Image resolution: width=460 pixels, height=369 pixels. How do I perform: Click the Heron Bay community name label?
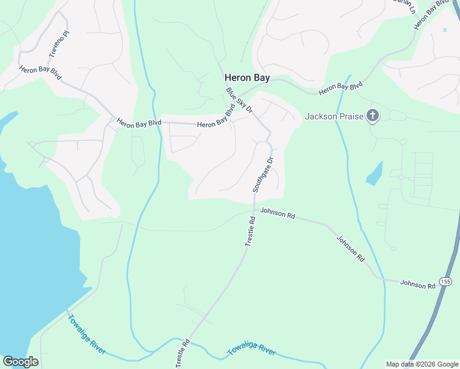coord(247,78)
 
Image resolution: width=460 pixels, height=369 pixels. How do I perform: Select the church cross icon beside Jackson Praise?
coord(372,115)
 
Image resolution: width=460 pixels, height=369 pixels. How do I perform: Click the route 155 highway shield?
coord(446,281)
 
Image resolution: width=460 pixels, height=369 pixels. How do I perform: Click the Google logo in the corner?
coord(20,362)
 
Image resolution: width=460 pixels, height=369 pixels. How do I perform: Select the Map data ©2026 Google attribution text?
coord(421,364)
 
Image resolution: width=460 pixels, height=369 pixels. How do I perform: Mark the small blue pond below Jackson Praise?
coord(375,173)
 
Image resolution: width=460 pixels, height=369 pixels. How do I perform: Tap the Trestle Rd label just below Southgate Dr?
coord(250,231)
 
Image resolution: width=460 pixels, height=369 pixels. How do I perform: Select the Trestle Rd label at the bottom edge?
coord(181,353)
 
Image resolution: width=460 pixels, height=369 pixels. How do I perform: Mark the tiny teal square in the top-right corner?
coord(445,29)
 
